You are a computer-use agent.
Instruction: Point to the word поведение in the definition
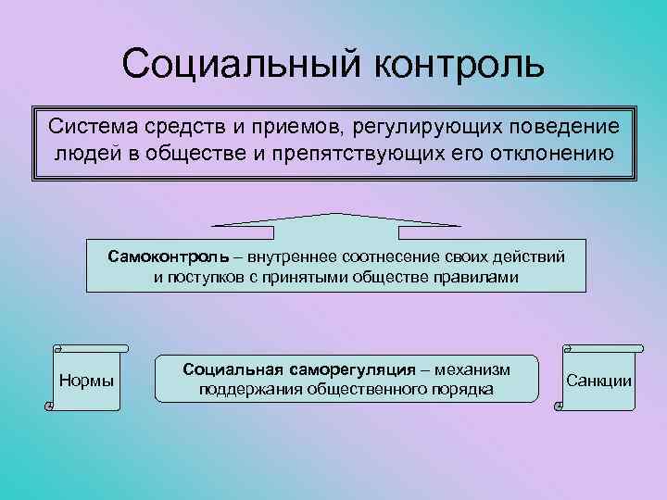tap(559, 124)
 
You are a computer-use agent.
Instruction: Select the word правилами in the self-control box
tap(480, 277)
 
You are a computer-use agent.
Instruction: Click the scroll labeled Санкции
tap(598, 380)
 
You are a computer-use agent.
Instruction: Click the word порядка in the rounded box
tap(460, 389)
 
